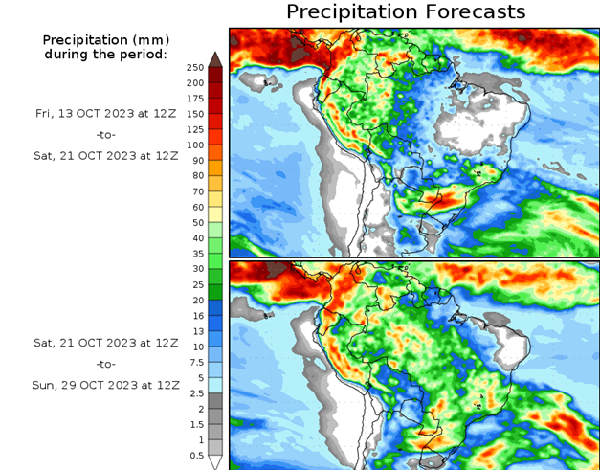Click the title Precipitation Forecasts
pyautogui.click(x=406, y=11)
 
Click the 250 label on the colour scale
pyautogui.click(x=194, y=67)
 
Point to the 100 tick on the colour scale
pyautogui.click(x=194, y=145)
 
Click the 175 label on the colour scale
pyautogui.click(x=194, y=98)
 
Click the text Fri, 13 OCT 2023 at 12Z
pyautogui.click(x=105, y=113)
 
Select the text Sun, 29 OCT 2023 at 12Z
pyautogui.click(x=105, y=385)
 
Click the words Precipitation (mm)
pyautogui.click(x=105, y=40)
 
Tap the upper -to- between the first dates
pyautogui.click(x=105, y=135)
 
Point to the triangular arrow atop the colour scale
pyautogui.click(x=215, y=58)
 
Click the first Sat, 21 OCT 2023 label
pyautogui.click(x=105, y=157)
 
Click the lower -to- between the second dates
pyautogui.click(x=105, y=364)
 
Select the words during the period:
pyautogui.click(x=105, y=55)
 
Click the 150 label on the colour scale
pyautogui.click(x=194, y=113)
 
